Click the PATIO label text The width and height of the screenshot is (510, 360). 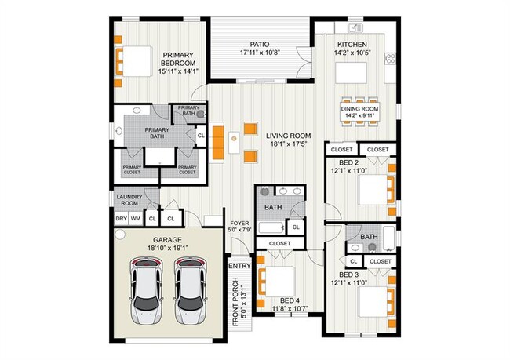click(x=260, y=45)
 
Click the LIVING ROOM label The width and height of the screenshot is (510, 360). click(x=288, y=136)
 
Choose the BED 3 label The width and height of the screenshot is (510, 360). click(x=349, y=275)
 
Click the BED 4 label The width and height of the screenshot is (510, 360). click(x=290, y=300)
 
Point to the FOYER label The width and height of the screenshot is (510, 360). click(x=238, y=222)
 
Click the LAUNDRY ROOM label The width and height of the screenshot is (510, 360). click(x=128, y=200)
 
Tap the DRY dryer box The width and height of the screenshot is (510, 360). click(x=121, y=218)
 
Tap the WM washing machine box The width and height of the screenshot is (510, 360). click(x=136, y=218)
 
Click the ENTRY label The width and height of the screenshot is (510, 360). click(x=239, y=266)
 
